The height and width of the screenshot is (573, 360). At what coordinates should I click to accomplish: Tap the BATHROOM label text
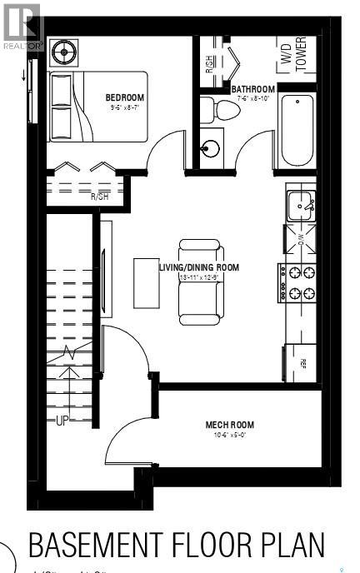point(253,89)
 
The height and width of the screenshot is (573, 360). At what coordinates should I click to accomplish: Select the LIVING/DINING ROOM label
point(199,267)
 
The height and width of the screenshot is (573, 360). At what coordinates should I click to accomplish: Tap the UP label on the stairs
point(62,421)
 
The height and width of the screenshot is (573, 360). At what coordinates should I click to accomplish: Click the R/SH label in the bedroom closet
point(100,197)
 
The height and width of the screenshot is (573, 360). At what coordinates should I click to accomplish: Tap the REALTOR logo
point(22,26)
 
